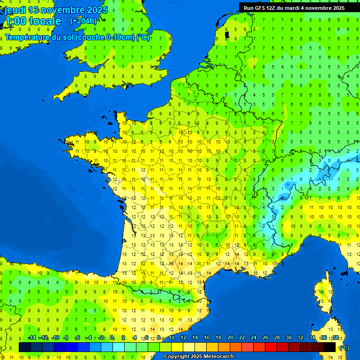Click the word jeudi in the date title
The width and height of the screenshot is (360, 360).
pos(15,10)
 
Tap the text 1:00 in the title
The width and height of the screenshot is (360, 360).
pos(15,21)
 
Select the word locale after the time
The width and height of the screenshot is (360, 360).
pos(45,21)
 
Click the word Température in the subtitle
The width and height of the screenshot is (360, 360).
pos(29,37)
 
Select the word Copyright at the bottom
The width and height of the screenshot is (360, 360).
pos(176,357)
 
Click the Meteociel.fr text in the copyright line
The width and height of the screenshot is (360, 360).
pos(218,357)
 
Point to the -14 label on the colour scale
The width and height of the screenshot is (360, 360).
pos(32,338)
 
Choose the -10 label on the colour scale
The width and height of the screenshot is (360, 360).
pos(55,338)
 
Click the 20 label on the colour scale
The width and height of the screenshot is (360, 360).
pos(230,338)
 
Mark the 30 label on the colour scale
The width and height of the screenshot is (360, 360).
pos(288,338)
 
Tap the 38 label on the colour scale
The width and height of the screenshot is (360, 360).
pos(335,338)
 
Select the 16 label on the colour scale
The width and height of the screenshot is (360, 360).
pos(207,338)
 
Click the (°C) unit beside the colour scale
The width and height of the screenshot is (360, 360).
pos(344,347)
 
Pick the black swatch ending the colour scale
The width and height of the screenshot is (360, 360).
pos(330,347)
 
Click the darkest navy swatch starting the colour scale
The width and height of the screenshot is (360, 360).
pos(25,347)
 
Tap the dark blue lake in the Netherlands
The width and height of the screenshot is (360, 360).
pos(227,34)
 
